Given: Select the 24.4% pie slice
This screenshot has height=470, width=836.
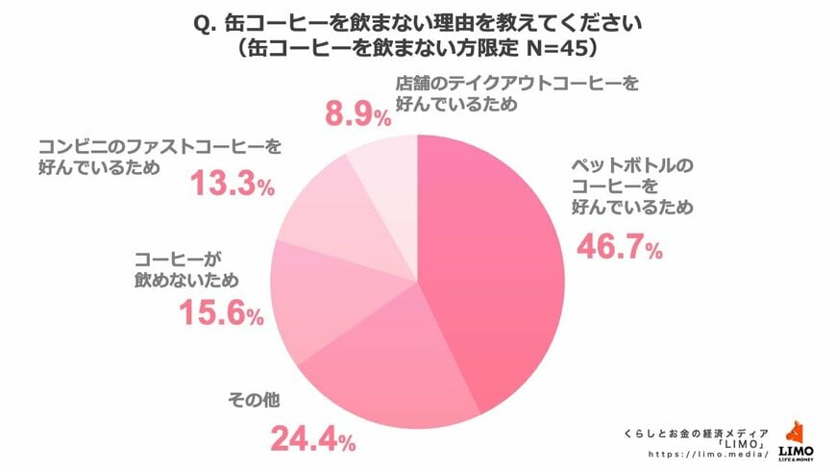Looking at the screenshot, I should (x=389, y=360).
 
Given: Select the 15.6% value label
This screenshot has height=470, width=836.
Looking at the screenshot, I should (x=220, y=312).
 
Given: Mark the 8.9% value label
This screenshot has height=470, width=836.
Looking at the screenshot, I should (x=352, y=116).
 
